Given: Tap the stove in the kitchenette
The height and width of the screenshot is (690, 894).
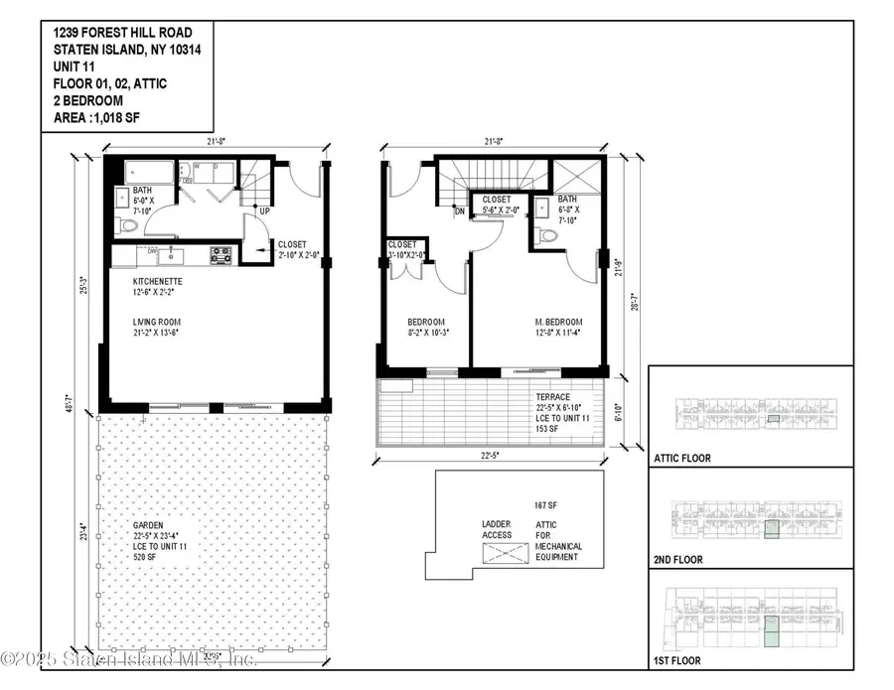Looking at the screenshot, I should [x=220, y=255].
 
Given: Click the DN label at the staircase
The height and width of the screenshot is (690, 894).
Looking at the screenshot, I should [x=460, y=210].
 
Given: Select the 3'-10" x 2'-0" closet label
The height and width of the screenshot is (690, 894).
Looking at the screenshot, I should [x=405, y=249].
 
